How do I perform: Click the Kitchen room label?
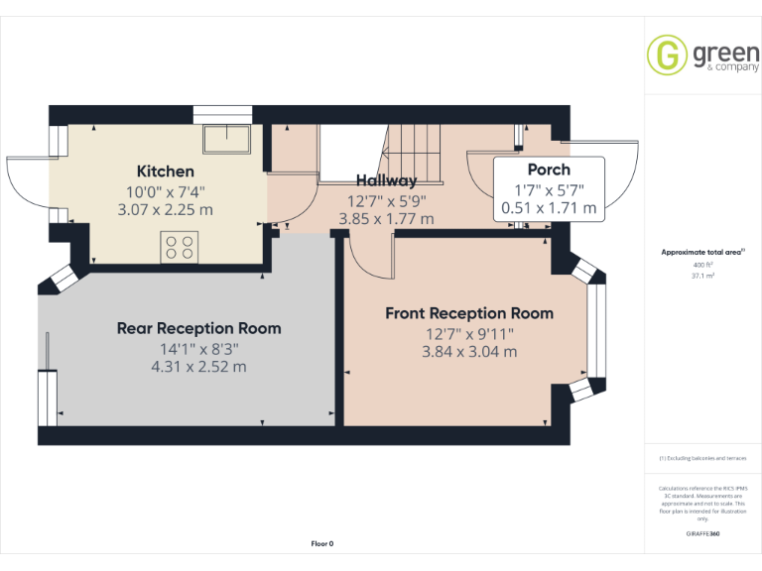[x=166, y=171]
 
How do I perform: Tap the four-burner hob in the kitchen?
[x=180, y=247]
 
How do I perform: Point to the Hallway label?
[x=386, y=180]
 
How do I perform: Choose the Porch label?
[x=549, y=170]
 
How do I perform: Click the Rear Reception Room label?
[x=198, y=328]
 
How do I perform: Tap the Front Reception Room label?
[x=469, y=313]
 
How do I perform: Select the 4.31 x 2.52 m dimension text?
[x=198, y=366]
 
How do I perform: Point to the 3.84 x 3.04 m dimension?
[x=469, y=351]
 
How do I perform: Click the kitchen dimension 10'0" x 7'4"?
[x=166, y=191]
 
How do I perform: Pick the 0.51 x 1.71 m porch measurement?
[x=549, y=208]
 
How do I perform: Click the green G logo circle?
[x=667, y=54]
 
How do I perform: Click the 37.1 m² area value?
[x=702, y=277]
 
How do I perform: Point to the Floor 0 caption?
[x=322, y=543]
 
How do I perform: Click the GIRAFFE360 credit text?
[x=702, y=534]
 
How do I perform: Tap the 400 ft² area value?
[x=702, y=266]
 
